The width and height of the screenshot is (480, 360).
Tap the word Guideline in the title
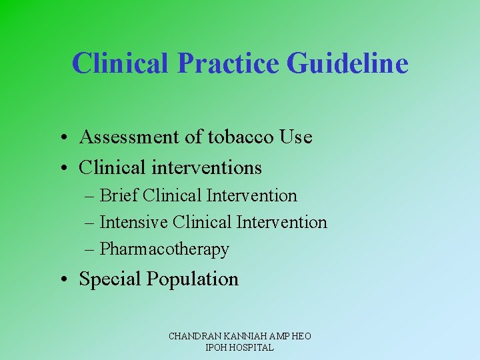[x=347, y=63]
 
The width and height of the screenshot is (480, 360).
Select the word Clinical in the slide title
[x=121, y=63]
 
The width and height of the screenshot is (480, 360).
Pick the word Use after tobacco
[x=296, y=137]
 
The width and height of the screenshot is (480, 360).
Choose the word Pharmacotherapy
[x=164, y=249]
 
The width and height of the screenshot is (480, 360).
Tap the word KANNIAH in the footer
[x=241, y=337]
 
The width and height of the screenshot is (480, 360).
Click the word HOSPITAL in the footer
[x=251, y=347]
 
